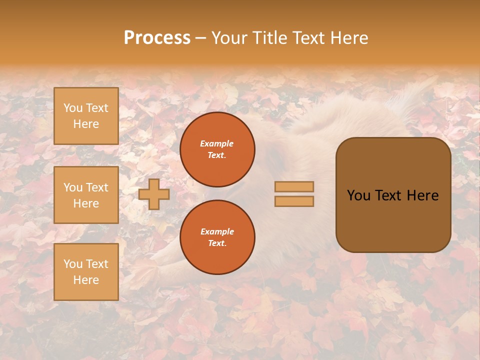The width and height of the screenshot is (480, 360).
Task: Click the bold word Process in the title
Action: [x=157, y=38]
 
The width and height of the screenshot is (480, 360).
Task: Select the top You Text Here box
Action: [x=86, y=116]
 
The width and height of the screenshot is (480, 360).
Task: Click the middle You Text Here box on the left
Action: [x=86, y=195]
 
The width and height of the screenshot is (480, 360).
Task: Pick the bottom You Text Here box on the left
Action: [x=86, y=272]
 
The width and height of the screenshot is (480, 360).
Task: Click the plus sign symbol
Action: [x=154, y=194]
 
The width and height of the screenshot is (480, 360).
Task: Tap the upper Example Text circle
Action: [x=217, y=149]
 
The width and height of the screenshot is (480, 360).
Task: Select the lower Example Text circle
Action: [x=217, y=237]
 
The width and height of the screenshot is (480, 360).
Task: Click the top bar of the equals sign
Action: [x=294, y=186]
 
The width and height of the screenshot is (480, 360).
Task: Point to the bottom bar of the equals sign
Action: [x=294, y=201]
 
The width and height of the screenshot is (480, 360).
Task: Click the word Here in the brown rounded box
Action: [x=422, y=195]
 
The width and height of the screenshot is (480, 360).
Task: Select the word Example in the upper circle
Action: [x=217, y=143]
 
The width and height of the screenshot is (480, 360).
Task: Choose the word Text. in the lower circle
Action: [x=217, y=243]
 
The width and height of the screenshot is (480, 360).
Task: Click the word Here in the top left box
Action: [x=86, y=124]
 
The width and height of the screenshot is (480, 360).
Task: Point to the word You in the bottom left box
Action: [x=73, y=264]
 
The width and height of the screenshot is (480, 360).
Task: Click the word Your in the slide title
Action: [x=230, y=38]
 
